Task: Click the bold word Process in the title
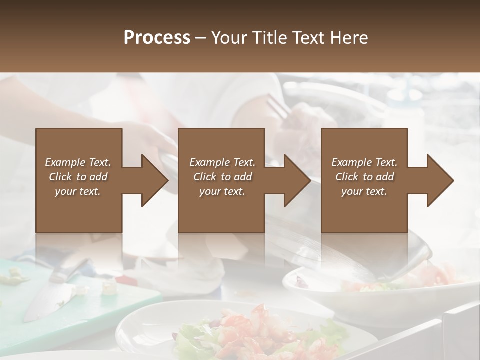157,38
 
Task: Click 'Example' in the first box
65,162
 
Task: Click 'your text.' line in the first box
78,191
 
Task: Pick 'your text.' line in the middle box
222,191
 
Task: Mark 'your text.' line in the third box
364,191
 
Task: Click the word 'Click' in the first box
60,177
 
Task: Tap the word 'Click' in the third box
347,177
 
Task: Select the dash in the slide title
201,38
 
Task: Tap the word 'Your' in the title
228,38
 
